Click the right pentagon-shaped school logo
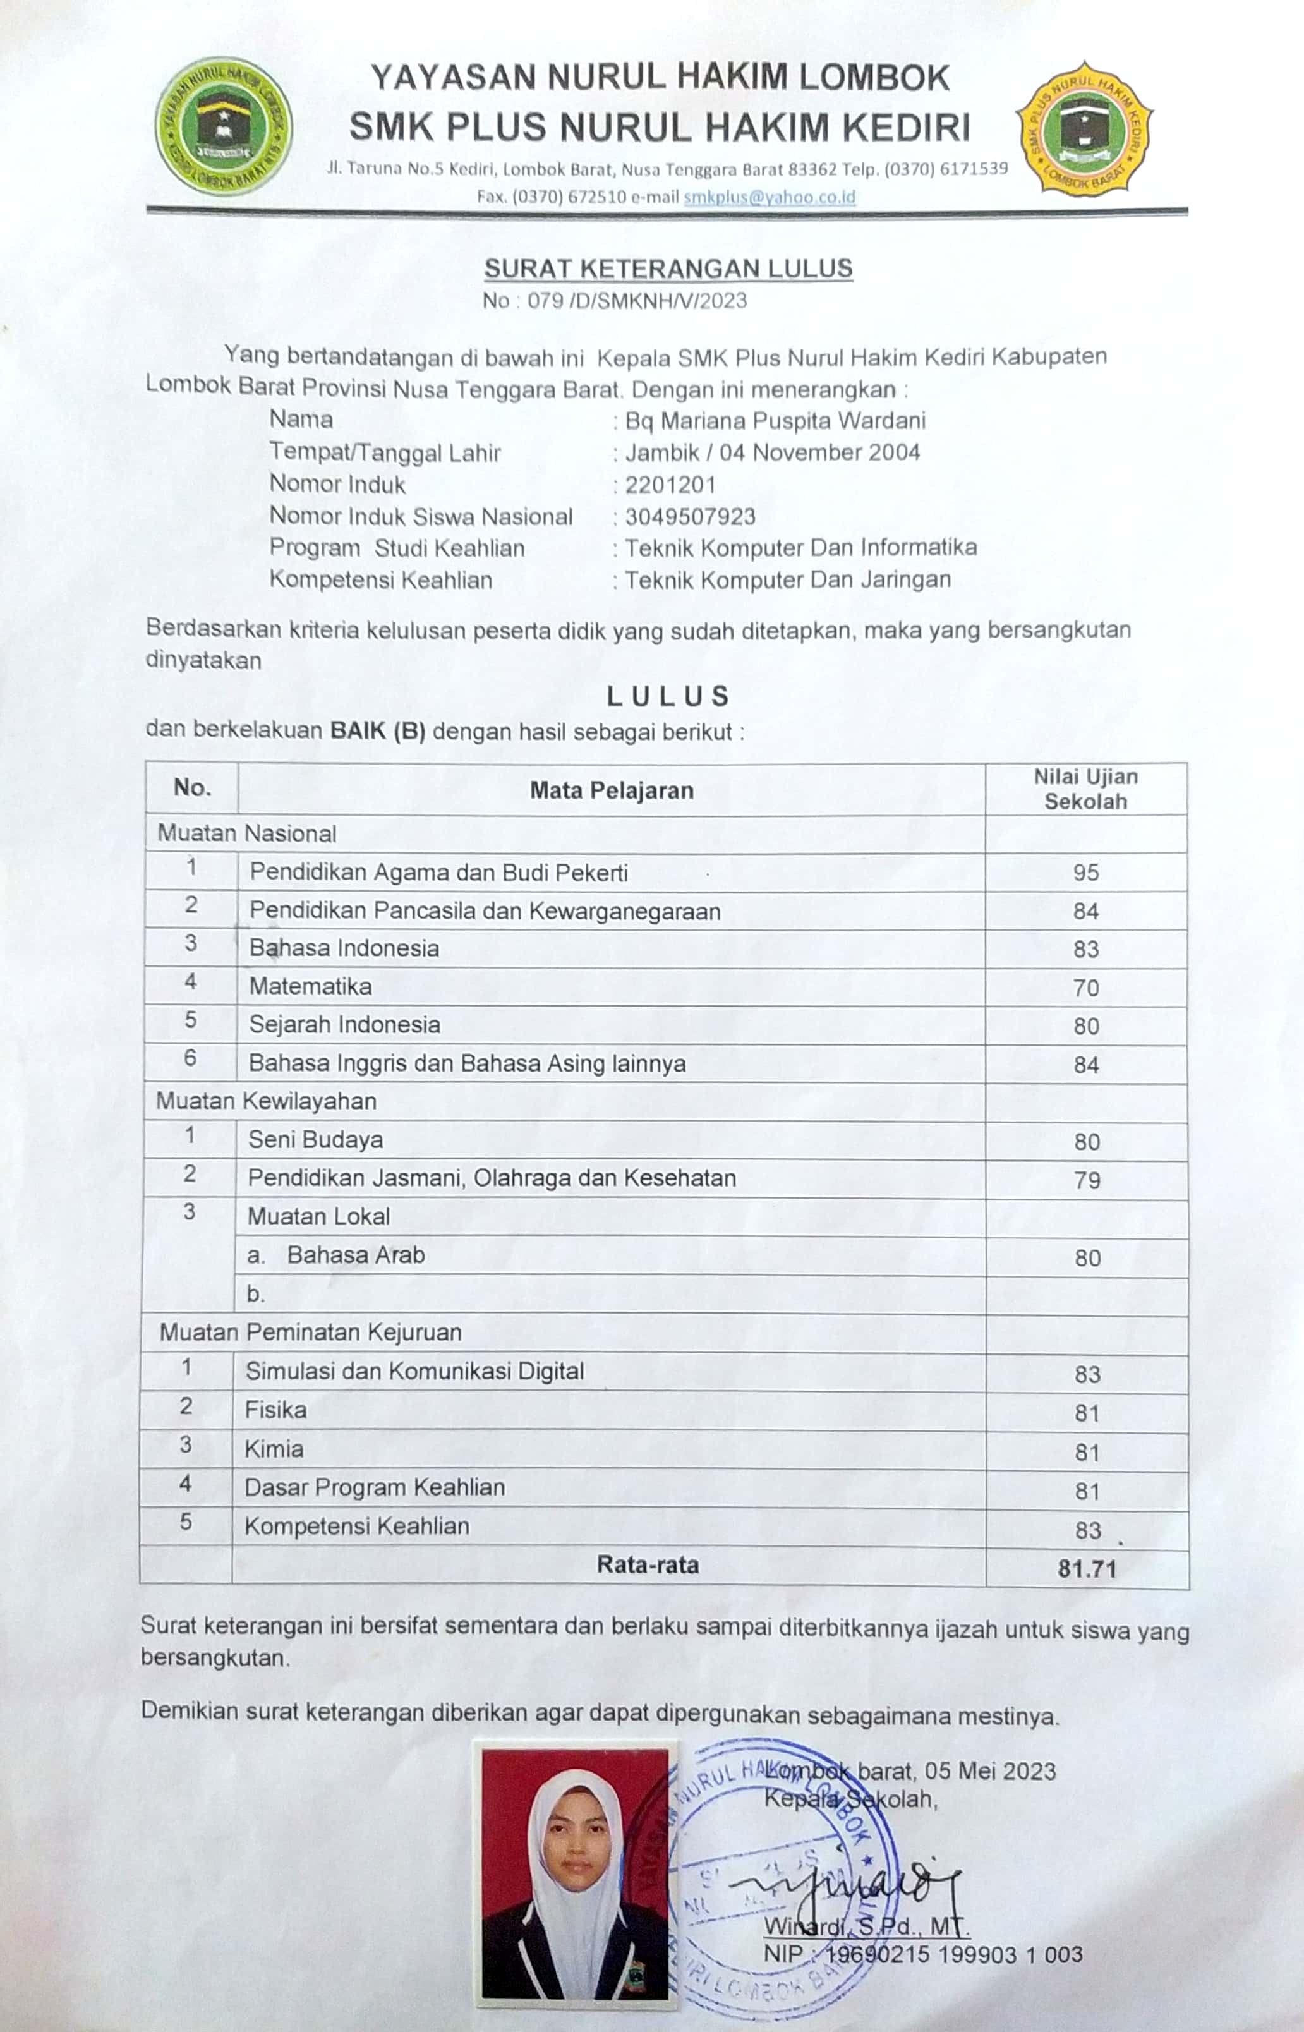pyautogui.click(x=1084, y=128)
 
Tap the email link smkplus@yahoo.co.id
pyautogui.click(x=769, y=197)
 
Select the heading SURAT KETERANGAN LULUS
pyautogui.click(x=668, y=269)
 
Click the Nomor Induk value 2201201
pyautogui.click(x=670, y=485)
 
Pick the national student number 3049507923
pyautogui.click(x=690, y=516)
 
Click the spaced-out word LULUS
pyautogui.click(x=668, y=696)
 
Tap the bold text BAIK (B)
pyautogui.click(x=378, y=730)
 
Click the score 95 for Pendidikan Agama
pyautogui.click(x=1085, y=873)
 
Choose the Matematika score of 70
pyautogui.click(x=1085, y=988)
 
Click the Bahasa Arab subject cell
pyautogui.click(x=356, y=1255)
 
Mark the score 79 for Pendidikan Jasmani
pyautogui.click(x=1087, y=1180)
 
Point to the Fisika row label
pyautogui.click(x=276, y=1410)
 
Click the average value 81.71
pyautogui.click(x=1087, y=1569)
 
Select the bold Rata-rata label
pyautogui.click(x=648, y=1564)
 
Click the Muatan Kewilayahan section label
pyautogui.click(x=266, y=1101)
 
